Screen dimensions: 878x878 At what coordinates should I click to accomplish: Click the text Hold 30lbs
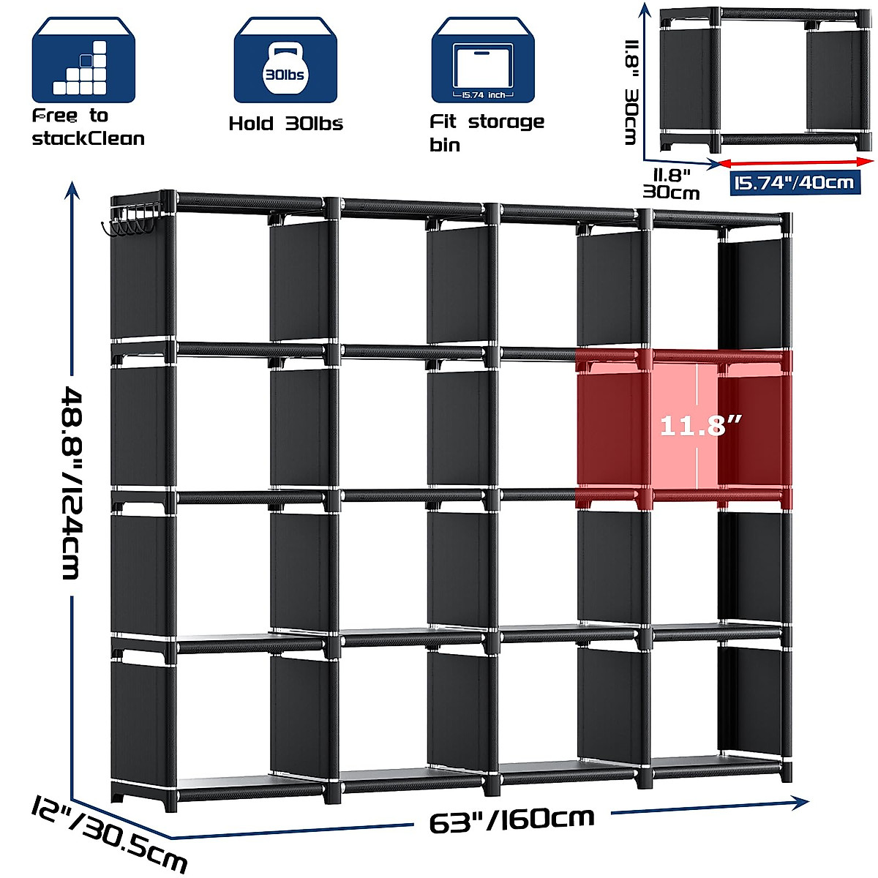(x=285, y=123)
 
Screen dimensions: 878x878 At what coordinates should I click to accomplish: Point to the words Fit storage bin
(x=486, y=132)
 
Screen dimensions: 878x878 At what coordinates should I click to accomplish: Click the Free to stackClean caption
(x=88, y=127)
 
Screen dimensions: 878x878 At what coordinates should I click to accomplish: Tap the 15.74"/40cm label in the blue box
(x=795, y=182)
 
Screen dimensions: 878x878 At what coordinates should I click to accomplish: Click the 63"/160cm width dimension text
(x=512, y=820)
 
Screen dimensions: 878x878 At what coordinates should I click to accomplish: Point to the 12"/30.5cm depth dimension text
(x=110, y=835)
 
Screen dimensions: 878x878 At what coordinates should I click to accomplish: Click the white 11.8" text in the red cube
(x=700, y=424)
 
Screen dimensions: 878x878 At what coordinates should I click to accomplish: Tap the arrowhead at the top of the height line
(x=72, y=192)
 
